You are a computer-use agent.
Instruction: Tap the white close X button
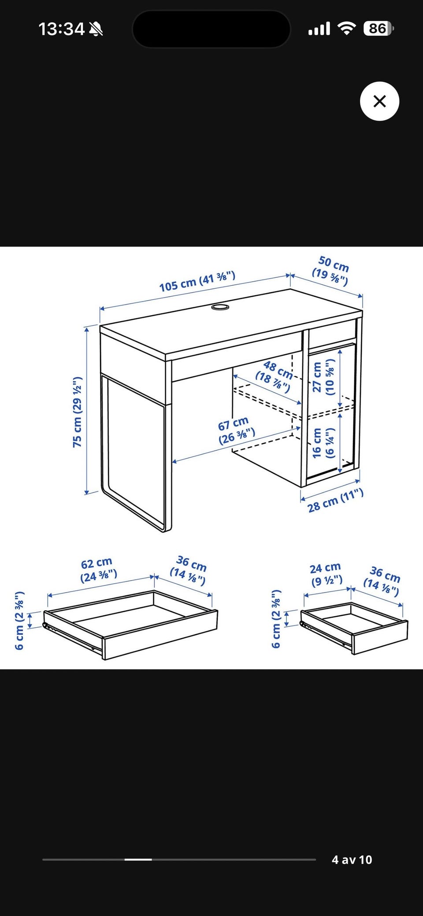tap(379, 101)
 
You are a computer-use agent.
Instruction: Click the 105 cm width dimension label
tap(197, 282)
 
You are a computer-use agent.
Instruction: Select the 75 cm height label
tap(78, 412)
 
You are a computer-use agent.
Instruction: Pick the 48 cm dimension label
tap(275, 377)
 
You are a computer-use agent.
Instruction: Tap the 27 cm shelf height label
tap(323, 377)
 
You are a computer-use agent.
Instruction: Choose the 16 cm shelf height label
tap(323, 443)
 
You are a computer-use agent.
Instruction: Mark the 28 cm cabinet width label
tap(335, 500)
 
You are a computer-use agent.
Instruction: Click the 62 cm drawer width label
tap(98, 570)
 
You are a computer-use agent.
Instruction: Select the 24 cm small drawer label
tap(327, 574)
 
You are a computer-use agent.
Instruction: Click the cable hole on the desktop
tap(220, 306)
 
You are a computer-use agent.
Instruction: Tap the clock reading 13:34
tap(61, 29)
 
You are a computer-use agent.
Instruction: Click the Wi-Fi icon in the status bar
tap(347, 29)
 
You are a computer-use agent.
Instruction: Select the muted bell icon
tap(96, 29)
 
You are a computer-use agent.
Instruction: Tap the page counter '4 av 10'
tap(352, 860)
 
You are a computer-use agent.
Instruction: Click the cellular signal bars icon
tap(319, 29)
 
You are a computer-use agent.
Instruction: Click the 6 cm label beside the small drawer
tap(276, 619)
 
